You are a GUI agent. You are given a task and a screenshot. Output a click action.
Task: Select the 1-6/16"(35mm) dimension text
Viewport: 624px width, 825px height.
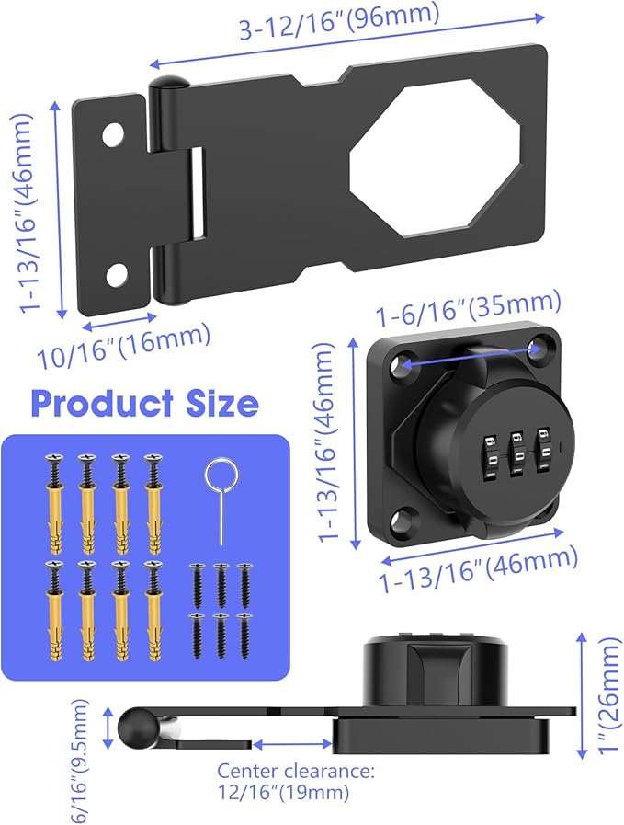tap(468, 314)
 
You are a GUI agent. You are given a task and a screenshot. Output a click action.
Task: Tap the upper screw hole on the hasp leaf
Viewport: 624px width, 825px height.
tap(113, 134)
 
